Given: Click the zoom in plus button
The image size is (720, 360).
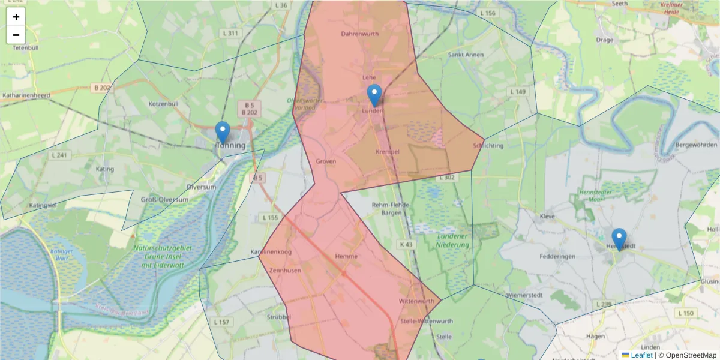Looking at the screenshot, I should pyautogui.click(x=16, y=17).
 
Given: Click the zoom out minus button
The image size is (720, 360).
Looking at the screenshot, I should pyautogui.click(x=16, y=35).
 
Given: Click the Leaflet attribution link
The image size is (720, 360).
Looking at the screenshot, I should pyautogui.click(x=641, y=355).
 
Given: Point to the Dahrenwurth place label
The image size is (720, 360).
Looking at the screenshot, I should pyautogui.click(x=359, y=34).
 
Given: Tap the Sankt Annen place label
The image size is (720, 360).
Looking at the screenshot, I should pyautogui.click(x=466, y=55).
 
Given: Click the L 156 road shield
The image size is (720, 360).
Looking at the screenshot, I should pyautogui.click(x=488, y=13).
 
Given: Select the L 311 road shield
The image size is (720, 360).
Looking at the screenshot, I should pyautogui.click(x=229, y=33).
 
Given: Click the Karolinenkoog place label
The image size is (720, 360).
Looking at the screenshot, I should pyautogui.click(x=271, y=252).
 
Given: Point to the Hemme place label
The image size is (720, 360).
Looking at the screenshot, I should pyautogui.click(x=346, y=256).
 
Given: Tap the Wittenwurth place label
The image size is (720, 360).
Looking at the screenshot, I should pyautogui.click(x=416, y=301).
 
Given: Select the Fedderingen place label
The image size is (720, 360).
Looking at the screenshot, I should pyautogui.click(x=558, y=256).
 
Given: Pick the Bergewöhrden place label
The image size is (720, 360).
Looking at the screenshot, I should pyautogui.click(x=696, y=145).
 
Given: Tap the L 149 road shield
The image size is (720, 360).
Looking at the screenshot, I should pyautogui.click(x=517, y=92).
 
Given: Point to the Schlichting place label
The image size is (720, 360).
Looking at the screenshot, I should pyautogui.click(x=488, y=146).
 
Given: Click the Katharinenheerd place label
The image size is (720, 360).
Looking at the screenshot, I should pyautogui.click(x=26, y=95).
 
